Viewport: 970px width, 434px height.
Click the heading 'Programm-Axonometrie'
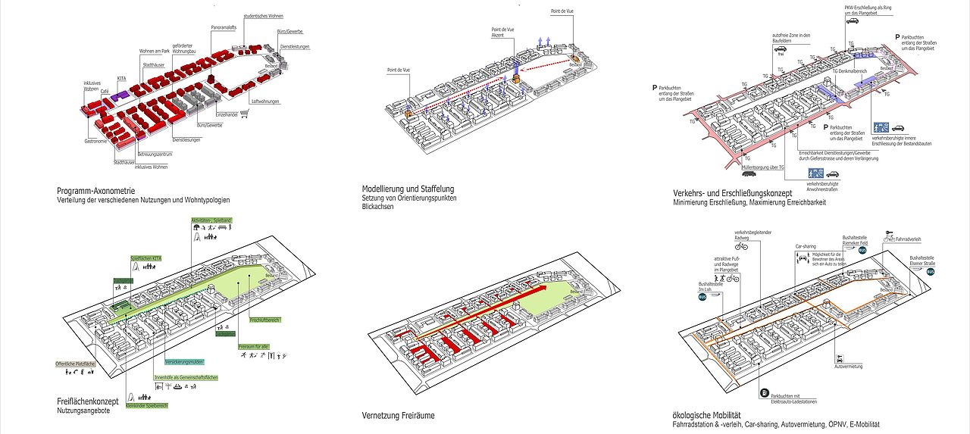(x=95, y=191)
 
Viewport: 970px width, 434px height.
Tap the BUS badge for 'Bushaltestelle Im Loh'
(x=702, y=298)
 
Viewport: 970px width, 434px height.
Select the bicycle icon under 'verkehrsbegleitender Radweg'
(x=741, y=246)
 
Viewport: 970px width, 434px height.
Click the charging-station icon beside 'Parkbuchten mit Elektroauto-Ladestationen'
(x=764, y=392)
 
